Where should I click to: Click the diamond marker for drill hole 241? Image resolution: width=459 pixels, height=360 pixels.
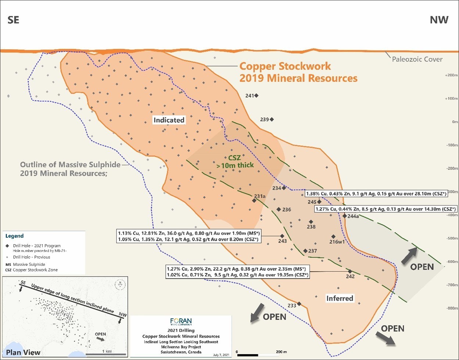click(256, 96)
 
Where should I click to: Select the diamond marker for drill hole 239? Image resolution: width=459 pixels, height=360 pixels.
click(272, 120)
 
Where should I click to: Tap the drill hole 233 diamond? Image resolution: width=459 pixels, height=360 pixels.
click(299, 304)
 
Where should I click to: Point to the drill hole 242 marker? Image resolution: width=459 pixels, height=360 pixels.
click(350, 271)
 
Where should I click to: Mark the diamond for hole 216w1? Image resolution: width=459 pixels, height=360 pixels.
click(333, 236)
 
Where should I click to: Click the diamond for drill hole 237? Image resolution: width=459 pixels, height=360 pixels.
click(305, 251)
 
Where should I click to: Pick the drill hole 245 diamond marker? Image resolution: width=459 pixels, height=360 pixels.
click(319, 202)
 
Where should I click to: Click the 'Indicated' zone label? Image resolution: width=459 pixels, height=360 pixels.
click(169, 120)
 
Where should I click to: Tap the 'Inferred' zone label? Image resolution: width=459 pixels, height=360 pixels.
click(340, 298)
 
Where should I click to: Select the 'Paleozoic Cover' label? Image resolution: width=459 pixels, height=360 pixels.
click(417, 59)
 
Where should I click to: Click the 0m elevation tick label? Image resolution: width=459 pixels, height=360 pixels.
click(452, 122)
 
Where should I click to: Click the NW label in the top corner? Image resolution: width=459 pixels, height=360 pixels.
click(439, 20)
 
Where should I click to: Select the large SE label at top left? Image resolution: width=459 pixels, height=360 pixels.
click(14, 20)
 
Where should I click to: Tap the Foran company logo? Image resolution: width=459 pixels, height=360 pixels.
click(181, 321)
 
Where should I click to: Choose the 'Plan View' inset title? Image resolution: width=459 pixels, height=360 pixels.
click(23, 353)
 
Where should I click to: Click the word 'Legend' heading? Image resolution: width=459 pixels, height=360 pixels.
click(14, 236)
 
